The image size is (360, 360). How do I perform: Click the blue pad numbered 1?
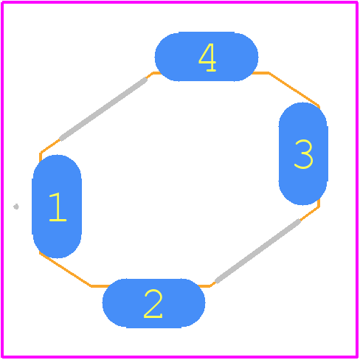[x=57, y=207]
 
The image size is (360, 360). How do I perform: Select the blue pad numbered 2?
[x=153, y=303]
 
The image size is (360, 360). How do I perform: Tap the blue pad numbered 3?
[x=303, y=153]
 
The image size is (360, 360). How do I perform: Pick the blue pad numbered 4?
[x=207, y=57]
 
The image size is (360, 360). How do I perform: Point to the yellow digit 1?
[x=58, y=207]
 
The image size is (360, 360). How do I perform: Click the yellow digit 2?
[x=153, y=304]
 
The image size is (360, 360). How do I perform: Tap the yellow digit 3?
[x=304, y=154]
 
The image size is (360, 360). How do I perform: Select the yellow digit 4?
[x=207, y=58]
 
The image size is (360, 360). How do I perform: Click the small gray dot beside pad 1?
[x=16, y=207]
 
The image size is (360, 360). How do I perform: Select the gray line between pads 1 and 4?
[x=103, y=109]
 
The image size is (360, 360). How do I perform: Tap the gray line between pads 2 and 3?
[x=257, y=251]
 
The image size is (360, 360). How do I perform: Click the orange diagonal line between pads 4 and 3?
[x=294, y=90]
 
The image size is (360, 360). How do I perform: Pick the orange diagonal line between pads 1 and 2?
[x=66, y=269]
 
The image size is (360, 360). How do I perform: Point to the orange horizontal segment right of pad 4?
[x=260, y=73]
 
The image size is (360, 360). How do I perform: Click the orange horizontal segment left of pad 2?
[x=100, y=286]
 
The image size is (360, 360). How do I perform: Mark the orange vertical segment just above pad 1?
[x=41, y=157]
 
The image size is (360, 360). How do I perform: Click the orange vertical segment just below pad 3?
[x=319, y=203]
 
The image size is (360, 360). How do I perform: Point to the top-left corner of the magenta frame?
[x=2, y=2]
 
